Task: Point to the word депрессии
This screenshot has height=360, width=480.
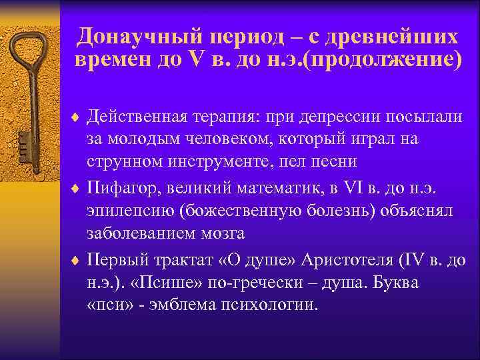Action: [339, 118]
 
